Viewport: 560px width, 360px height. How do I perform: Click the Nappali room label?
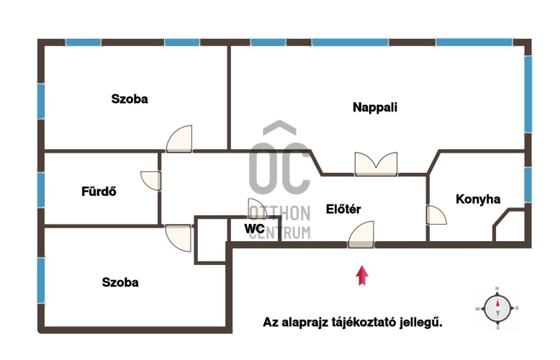click(x=374, y=107)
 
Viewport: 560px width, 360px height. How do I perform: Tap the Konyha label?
click(x=478, y=199)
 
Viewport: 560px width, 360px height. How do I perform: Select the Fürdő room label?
click(x=99, y=191)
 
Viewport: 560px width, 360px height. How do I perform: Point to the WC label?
click(x=254, y=228)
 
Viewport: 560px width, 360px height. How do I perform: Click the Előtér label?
click(x=343, y=209)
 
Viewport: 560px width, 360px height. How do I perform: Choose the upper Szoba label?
click(x=130, y=99)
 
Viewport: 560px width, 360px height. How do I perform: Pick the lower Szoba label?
click(x=120, y=282)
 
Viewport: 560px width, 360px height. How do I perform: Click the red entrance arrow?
click(x=362, y=275)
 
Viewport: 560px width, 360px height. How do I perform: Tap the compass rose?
click(x=497, y=308)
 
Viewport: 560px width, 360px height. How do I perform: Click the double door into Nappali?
click(x=376, y=164)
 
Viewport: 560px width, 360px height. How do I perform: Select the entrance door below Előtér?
click(x=361, y=235)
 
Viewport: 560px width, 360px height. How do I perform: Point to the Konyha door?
click(x=436, y=215)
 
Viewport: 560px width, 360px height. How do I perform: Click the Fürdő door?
click(x=150, y=181)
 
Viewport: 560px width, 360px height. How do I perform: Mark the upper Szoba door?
click(x=179, y=139)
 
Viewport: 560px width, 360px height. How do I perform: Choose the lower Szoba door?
click(x=179, y=238)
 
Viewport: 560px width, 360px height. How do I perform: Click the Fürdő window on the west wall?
click(x=41, y=190)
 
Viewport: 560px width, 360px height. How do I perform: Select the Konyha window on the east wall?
click(x=528, y=185)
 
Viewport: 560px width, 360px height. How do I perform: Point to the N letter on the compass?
click(x=497, y=289)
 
